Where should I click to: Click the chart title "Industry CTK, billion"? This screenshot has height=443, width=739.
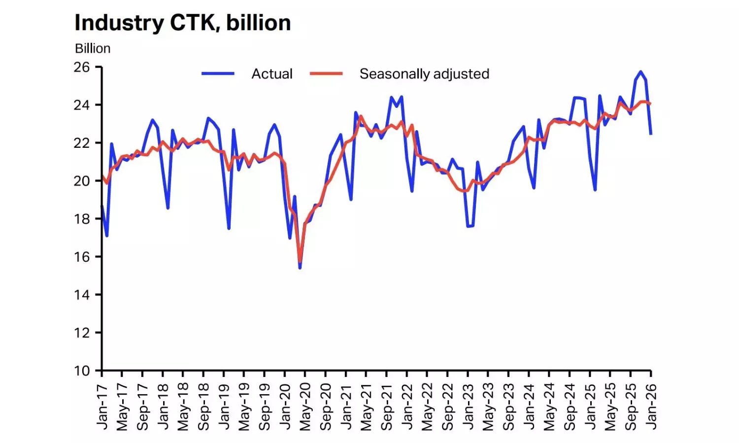coord(183,23)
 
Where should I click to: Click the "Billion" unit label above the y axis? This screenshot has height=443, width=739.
coord(93,48)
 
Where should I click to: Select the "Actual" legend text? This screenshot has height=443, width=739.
coord(272,74)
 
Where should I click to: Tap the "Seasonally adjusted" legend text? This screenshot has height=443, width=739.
coord(424,74)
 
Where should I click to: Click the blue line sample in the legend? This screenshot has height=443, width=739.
coord(218,74)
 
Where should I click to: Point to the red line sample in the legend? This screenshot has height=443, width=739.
coord(326,74)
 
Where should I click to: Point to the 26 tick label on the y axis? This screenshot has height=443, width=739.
coord(82,67)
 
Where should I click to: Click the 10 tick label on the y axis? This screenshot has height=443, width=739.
coord(82,371)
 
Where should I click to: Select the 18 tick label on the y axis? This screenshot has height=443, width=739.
coord(82,219)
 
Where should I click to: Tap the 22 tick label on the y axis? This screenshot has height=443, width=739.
coord(82,143)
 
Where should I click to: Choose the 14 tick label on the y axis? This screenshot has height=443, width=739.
coord(82,295)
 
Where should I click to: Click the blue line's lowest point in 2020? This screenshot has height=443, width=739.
coord(300,268)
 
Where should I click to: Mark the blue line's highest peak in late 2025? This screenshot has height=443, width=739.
coord(640,71)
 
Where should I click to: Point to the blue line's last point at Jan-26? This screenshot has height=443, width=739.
coord(651,134)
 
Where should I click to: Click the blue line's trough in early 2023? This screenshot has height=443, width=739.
coord(468,226)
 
